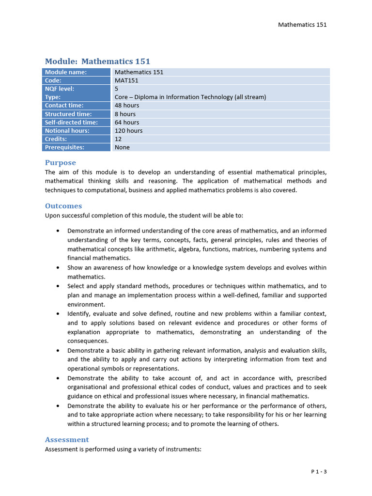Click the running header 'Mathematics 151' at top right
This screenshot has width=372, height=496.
click(x=302, y=24)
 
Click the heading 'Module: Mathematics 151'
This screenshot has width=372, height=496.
click(x=97, y=62)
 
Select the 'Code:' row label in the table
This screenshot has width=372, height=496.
click(x=53, y=80)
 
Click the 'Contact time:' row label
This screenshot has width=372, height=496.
click(x=64, y=105)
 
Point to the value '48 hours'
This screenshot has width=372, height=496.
click(x=127, y=105)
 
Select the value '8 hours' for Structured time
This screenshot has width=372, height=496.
click(x=125, y=114)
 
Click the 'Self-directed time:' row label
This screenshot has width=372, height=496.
click(x=71, y=122)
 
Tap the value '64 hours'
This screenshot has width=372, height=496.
click(x=127, y=122)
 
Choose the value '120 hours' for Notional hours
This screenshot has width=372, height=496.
click(x=128, y=130)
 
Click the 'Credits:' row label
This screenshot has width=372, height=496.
click(x=56, y=139)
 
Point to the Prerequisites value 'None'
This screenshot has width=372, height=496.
click(x=122, y=147)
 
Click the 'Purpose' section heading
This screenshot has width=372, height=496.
click(x=61, y=163)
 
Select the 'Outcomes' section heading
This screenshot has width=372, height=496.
click(x=63, y=206)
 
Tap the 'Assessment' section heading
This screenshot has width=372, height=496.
click(x=67, y=440)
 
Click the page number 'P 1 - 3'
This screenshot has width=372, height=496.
click(x=319, y=471)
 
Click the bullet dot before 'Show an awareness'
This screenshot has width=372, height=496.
click(x=58, y=268)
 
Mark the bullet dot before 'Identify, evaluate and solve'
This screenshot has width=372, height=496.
click(x=58, y=314)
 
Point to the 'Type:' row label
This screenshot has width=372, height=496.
click(x=53, y=97)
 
